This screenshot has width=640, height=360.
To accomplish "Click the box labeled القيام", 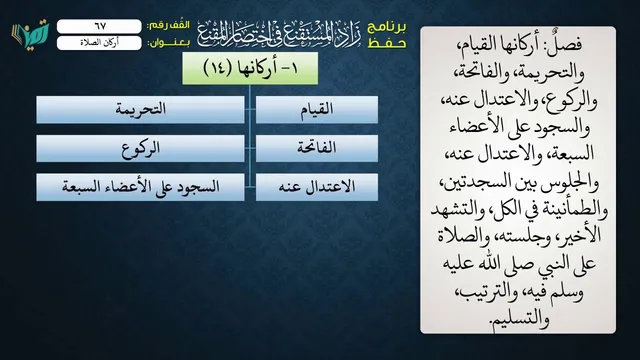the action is tap(317, 110).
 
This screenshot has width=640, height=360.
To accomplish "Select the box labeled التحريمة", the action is tap(140, 110).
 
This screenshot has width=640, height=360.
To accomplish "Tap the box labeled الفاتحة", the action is tap(317, 148).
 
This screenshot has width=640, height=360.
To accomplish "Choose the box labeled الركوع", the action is tap(140, 148).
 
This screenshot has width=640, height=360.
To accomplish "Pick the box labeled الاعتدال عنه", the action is tap(317, 187).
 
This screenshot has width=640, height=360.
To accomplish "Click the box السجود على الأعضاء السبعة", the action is tap(140, 187).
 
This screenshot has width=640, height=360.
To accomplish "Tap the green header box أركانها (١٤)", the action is tap(250, 68).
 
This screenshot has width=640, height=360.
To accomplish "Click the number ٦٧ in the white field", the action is tap(100, 26).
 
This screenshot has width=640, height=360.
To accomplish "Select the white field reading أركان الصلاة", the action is tap(99, 43).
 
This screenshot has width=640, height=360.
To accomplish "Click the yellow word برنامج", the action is tap(387, 27).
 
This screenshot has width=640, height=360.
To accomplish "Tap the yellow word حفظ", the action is tap(387, 42).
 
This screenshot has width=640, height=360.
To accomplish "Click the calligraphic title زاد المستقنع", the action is tap(279, 34).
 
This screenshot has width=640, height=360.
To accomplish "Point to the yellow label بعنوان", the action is tap(169, 43).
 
